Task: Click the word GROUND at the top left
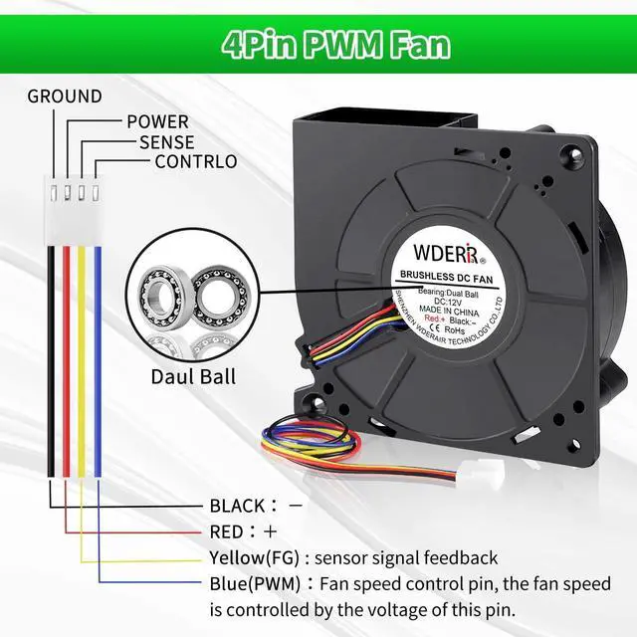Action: pyautogui.click(x=65, y=97)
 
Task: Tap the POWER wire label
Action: pyautogui.click(x=157, y=122)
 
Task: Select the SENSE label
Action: pyautogui.click(x=167, y=142)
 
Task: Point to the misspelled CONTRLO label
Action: pyautogui.click(x=196, y=161)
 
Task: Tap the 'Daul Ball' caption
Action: pyautogui.click(x=193, y=376)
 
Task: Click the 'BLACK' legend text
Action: pyautogui.click(x=238, y=506)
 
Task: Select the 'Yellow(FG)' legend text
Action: pyautogui.click(x=255, y=557)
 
